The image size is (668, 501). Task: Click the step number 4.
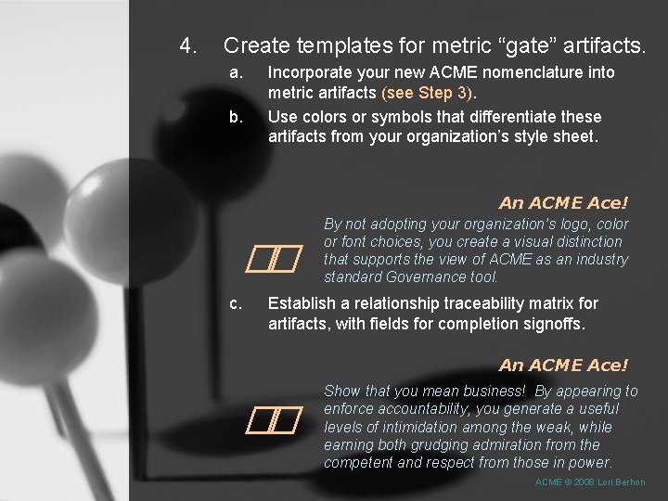coord(187,45)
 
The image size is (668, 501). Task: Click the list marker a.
coord(237,72)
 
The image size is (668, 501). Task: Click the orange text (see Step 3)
coord(427,93)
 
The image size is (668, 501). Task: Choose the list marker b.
coord(237,117)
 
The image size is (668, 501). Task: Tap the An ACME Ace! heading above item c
coord(563,202)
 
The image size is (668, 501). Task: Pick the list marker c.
coord(237,303)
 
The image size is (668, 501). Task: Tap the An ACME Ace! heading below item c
coord(563,366)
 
